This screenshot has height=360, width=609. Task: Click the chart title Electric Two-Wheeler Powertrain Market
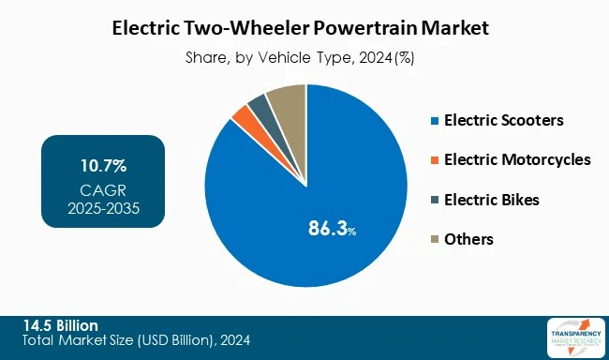[x=304, y=29]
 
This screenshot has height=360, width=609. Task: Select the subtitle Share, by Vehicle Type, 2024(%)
[x=304, y=56]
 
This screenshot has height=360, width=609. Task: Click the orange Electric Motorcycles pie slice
[x=242, y=117]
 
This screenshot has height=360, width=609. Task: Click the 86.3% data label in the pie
[x=333, y=227]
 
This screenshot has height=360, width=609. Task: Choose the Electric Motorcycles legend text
[x=517, y=159]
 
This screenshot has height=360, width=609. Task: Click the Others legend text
[x=469, y=239]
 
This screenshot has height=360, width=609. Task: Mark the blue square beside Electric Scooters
[x=433, y=121]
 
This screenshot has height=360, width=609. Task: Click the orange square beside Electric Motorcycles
[x=433, y=160]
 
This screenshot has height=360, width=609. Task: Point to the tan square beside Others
[x=433, y=240]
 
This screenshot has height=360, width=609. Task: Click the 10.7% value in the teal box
[x=103, y=167]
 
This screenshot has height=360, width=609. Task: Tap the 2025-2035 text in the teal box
[x=103, y=207]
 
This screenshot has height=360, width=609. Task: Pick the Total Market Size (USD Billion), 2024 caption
[x=137, y=340]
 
